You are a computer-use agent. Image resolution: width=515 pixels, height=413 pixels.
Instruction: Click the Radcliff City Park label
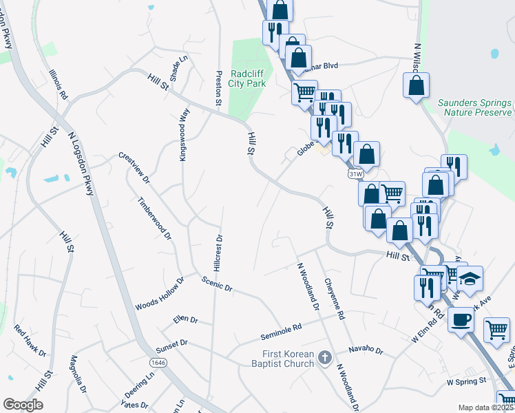click(246, 78)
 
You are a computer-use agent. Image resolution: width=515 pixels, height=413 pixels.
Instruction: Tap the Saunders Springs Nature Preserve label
click(476, 107)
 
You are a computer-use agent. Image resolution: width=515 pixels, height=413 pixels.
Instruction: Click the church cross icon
click(326, 358)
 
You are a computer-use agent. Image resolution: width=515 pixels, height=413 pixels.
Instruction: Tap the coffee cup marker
click(460, 319)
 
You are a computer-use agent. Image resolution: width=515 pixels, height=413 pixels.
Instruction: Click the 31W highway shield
click(355, 174)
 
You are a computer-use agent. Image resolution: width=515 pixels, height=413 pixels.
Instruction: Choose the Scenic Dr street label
click(217, 283)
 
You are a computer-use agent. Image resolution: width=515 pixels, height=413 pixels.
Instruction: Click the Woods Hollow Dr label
click(160, 295)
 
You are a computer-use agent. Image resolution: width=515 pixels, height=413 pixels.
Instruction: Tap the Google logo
click(23, 405)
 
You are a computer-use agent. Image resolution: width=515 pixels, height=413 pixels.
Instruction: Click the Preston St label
click(218, 88)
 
